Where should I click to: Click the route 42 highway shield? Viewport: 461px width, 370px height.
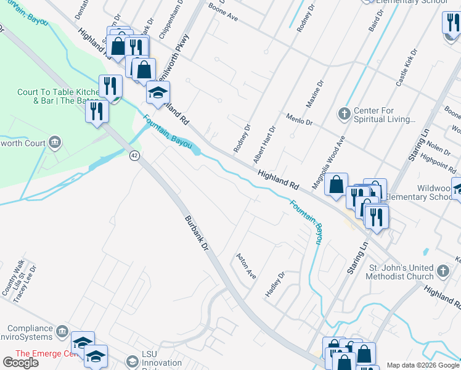tap(134, 155)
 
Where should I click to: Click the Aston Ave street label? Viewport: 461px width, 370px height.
tap(247, 266)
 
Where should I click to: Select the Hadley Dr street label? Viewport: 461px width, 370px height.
tap(275, 284)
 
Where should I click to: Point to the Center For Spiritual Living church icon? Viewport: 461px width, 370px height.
tap(345, 114)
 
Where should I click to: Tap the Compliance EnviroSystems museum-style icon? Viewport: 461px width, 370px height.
tap(62, 332)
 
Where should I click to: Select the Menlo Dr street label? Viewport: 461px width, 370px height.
tap(300, 119)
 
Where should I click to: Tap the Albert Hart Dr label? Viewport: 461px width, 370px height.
tap(264, 144)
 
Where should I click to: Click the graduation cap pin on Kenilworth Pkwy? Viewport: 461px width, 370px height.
tap(157, 93)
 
